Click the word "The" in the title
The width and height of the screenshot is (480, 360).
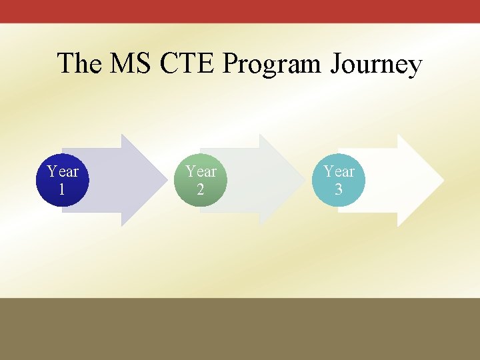pyautogui.click(x=79, y=64)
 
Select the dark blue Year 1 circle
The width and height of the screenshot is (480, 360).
pyautogui.click(x=63, y=180)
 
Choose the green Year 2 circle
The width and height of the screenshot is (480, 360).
pyautogui.click(x=201, y=180)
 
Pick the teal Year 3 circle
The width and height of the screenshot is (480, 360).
pyautogui.click(x=339, y=180)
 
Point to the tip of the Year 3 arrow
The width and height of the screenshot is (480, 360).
pyautogui.click(x=443, y=180)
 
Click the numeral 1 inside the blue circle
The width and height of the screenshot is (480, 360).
pyautogui.click(x=62, y=189)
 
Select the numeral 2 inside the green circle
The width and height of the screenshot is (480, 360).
pyautogui.click(x=201, y=189)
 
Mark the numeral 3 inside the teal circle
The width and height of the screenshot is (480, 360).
pyautogui.click(x=339, y=189)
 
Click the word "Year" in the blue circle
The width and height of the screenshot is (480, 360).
pyautogui.click(x=63, y=171)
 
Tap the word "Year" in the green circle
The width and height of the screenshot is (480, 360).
pyautogui.click(x=201, y=171)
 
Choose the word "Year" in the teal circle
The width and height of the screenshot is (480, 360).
pyautogui.click(x=339, y=171)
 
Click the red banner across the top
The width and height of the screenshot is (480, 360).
pyautogui.click(x=240, y=11)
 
